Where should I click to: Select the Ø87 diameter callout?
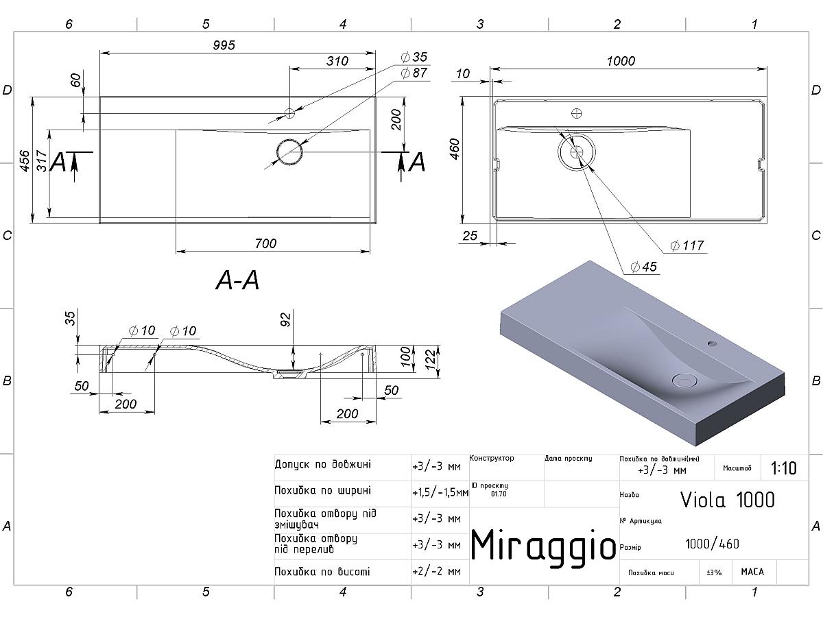coord(414,72)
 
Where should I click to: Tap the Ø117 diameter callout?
coord(687,245)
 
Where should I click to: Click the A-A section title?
coord(237,280)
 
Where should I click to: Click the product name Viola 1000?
coord(727,500)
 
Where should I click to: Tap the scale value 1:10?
coord(783,469)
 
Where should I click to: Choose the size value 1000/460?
coord(712,544)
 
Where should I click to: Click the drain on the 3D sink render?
coord(684,380)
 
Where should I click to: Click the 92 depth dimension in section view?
coord(287,319)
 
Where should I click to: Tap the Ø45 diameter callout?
coord(643,267)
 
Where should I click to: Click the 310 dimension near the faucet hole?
coord(337,61)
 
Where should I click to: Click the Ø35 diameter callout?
coord(414,57)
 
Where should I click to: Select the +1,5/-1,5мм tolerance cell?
coord(440,492)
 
